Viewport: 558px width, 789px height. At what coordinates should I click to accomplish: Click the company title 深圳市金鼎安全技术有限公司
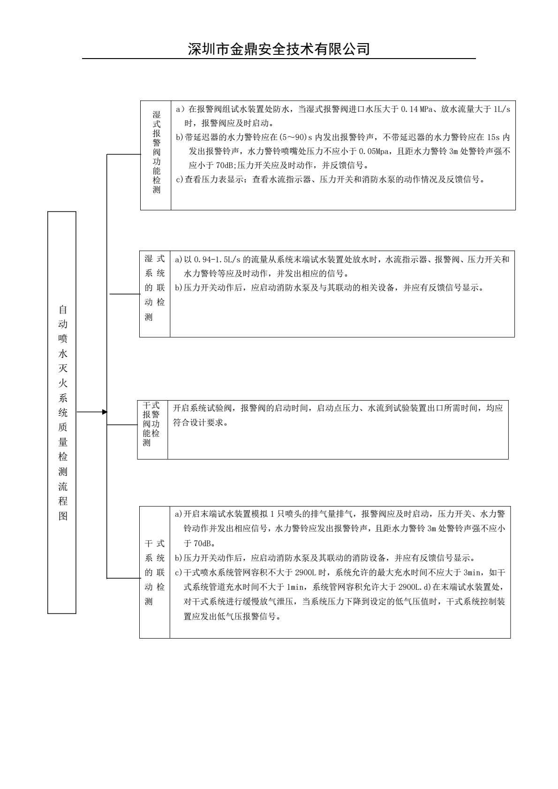(x=279, y=49)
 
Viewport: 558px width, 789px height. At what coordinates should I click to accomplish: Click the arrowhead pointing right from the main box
(x=105, y=412)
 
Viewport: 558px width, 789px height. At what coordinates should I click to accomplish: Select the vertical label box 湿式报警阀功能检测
(x=156, y=152)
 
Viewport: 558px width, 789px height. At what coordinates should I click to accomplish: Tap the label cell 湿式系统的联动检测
(x=155, y=288)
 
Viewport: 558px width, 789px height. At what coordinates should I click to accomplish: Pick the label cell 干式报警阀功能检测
(x=151, y=424)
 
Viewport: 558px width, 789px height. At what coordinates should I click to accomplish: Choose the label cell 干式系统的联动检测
(x=155, y=572)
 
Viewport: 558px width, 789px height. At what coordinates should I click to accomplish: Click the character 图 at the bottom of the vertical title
(x=62, y=515)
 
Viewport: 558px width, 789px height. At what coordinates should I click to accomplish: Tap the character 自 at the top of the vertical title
(x=62, y=309)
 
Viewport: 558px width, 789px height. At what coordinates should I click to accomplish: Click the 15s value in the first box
(x=493, y=138)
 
